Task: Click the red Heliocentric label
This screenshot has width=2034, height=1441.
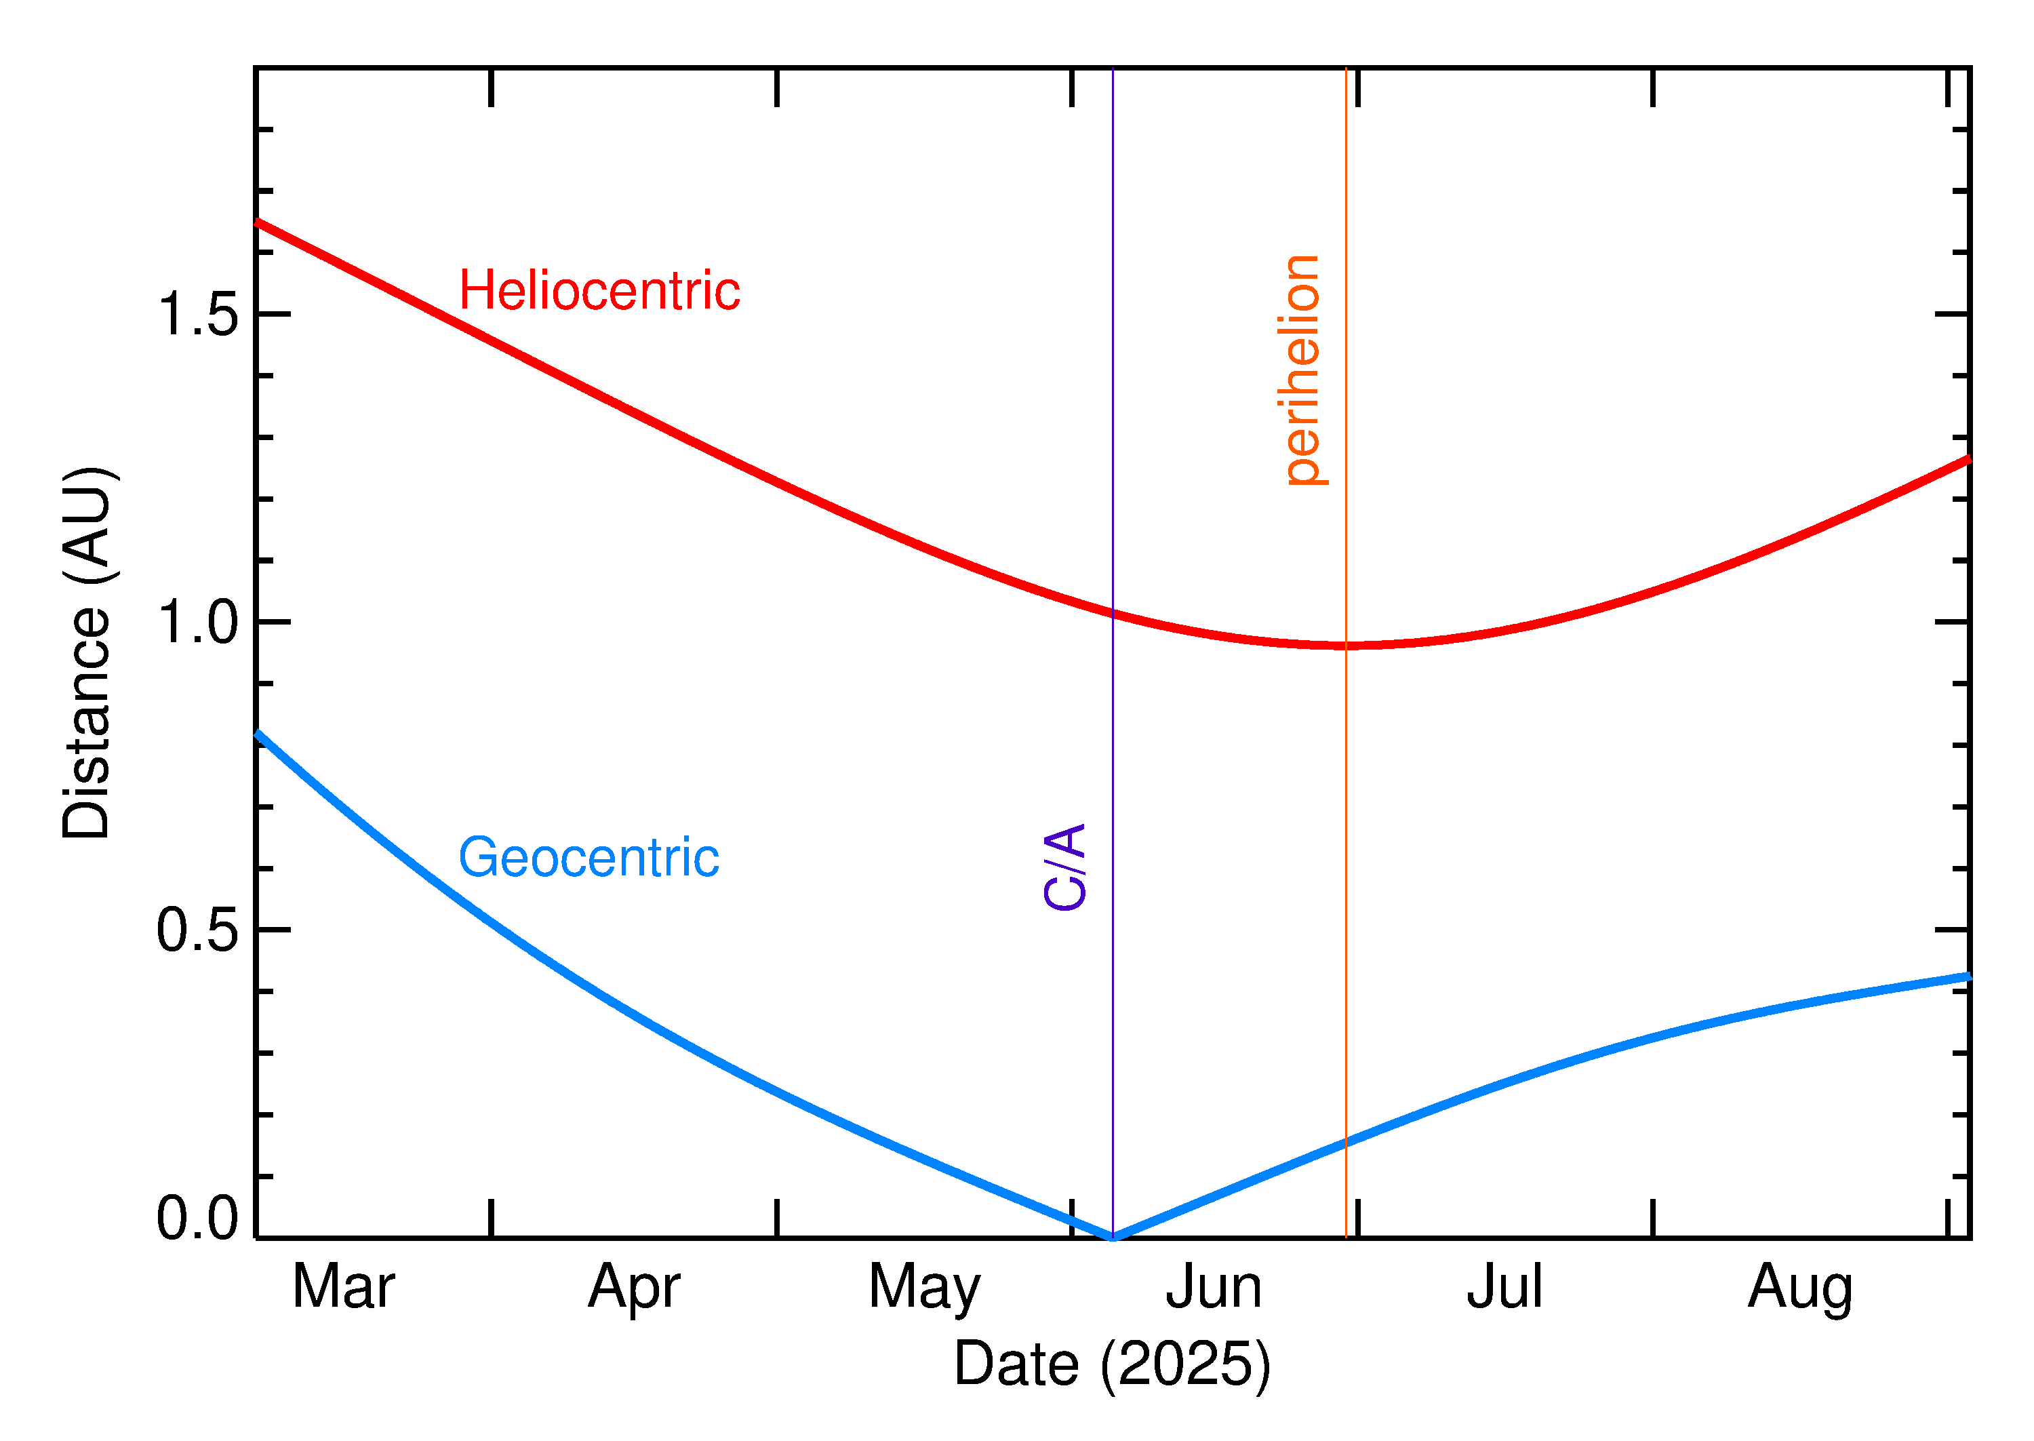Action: (599, 291)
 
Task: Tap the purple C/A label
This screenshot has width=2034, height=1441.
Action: (1065, 866)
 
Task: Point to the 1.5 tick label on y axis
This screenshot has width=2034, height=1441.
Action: (198, 314)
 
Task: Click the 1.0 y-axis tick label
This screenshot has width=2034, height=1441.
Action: (198, 623)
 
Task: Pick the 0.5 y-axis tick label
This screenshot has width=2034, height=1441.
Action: (198, 931)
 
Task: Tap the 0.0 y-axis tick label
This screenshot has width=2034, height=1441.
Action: (198, 1219)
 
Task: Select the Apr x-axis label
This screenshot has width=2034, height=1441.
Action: (633, 1286)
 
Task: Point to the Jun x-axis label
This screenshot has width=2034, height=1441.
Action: (1214, 1286)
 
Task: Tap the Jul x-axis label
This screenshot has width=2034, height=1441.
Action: (1504, 1286)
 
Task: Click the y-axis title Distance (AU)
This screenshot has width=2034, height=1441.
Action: (87, 653)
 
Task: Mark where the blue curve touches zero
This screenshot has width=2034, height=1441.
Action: (1113, 1237)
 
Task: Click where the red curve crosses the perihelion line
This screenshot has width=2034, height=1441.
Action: (1346, 645)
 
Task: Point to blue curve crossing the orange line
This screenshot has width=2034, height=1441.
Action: (1346, 1143)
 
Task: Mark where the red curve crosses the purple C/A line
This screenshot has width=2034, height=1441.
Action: (1113, 612)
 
